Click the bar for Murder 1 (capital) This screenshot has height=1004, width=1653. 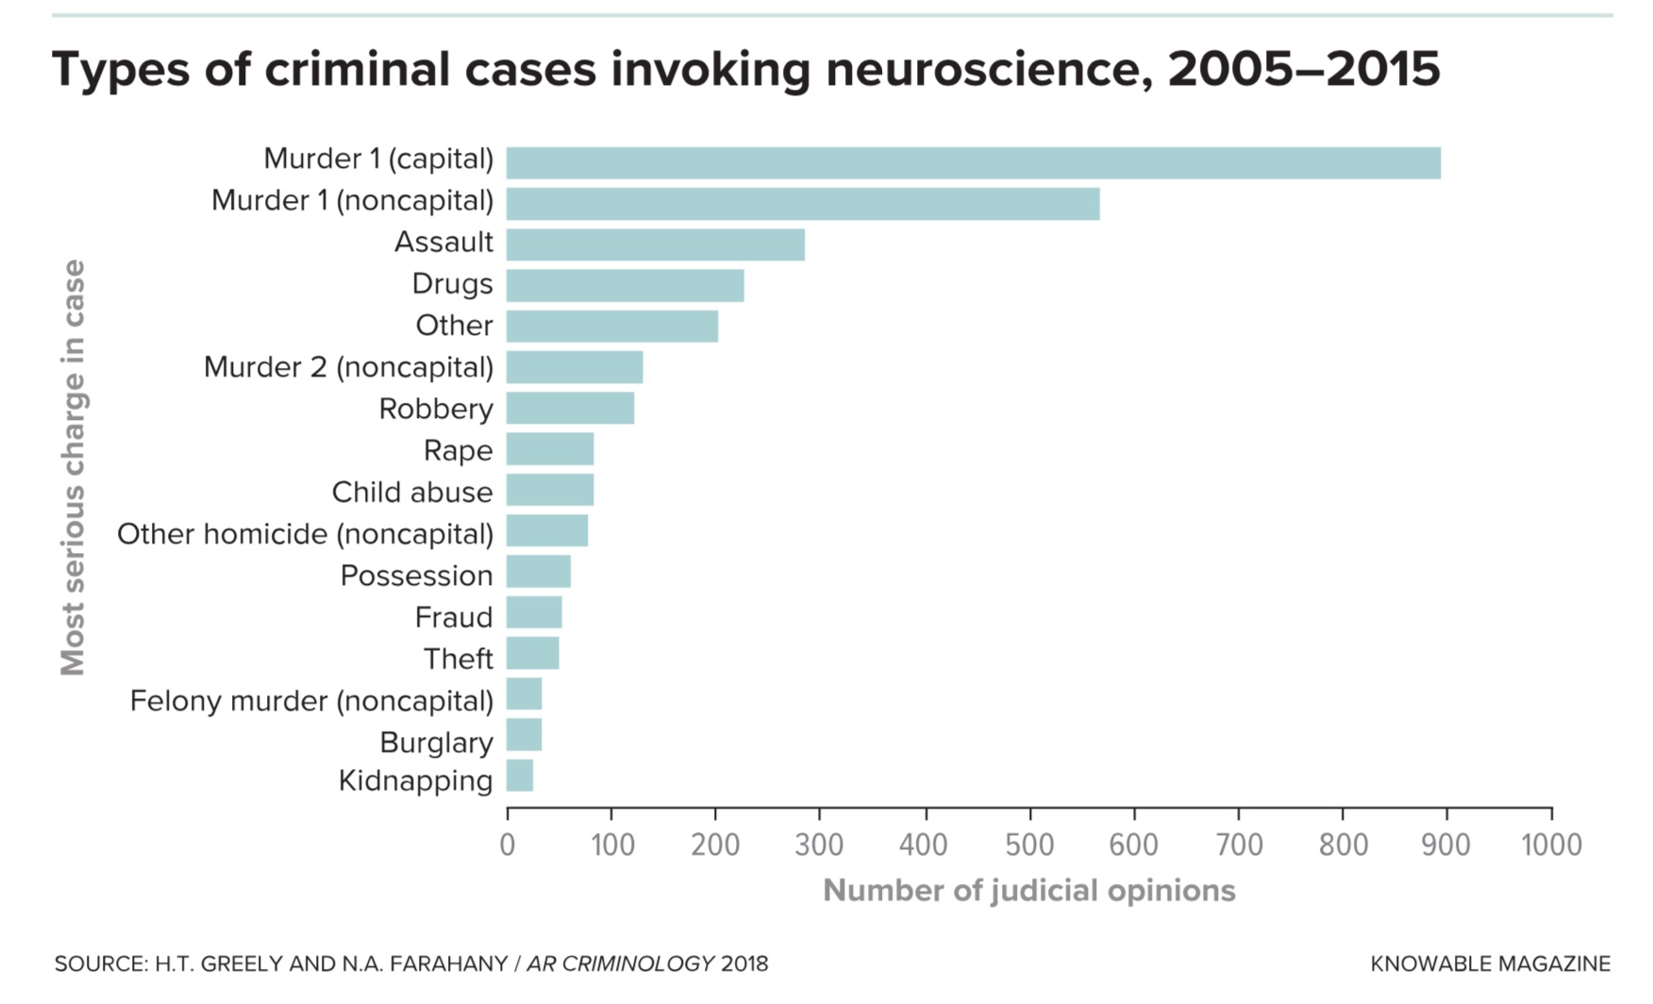[x=973, y=163]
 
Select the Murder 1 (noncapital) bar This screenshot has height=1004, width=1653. [x=803, y=204]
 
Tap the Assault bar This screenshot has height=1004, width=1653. [x=655, y=244]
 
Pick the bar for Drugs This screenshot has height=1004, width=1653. [x=625, y=285]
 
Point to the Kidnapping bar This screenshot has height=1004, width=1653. [x=520, y=776]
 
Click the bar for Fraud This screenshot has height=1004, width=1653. [x=534, y=612]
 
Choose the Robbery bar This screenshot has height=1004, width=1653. [x=570, y=408]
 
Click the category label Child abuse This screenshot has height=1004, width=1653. [x=411, y=492]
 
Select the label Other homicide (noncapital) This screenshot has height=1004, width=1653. [x=305, y=534]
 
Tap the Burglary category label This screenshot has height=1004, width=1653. [x=436, y=743]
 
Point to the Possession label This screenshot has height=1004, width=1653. [x=416, y=576]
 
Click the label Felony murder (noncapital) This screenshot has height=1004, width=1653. [x=311, y=701]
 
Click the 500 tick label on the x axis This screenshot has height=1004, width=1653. [x=1029, y=845]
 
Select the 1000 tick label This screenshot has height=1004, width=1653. [x=1551, y=845]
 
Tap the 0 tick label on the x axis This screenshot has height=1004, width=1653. [x=508, y=845]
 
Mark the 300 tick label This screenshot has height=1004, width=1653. [x=819, y=845]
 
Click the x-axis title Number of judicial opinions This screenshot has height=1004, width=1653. [x=1028, y=891]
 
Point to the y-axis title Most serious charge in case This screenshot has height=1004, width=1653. [x=73, y=468]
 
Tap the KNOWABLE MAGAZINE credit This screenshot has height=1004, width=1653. [x=1490, y=963]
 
